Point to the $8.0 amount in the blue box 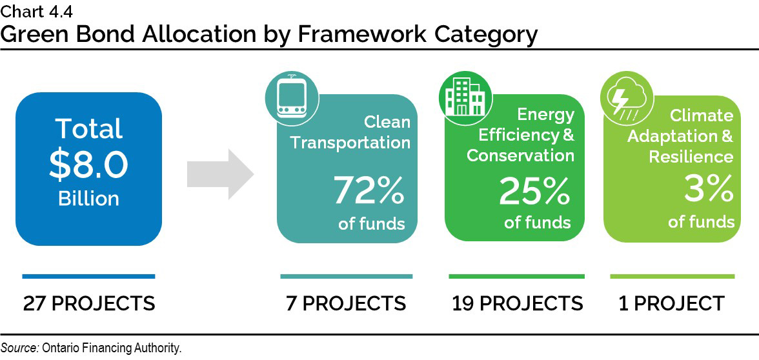[x=88, y=165]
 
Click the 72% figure [x=369, y=190]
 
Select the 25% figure [x=534, y=190]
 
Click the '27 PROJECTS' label [x=89, y=303]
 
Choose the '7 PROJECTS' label [x=346, y=303]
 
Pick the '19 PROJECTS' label [x=517, y=303]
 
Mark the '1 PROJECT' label [x=671, y=303]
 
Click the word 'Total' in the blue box [x=88, y=129]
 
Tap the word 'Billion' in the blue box [x=88, y=198]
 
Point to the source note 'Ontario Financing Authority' [x=112, y=348]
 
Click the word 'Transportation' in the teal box [x=350, y=143]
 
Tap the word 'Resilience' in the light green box [x=691, y=157]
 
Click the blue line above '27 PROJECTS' [x=88, y=276]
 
